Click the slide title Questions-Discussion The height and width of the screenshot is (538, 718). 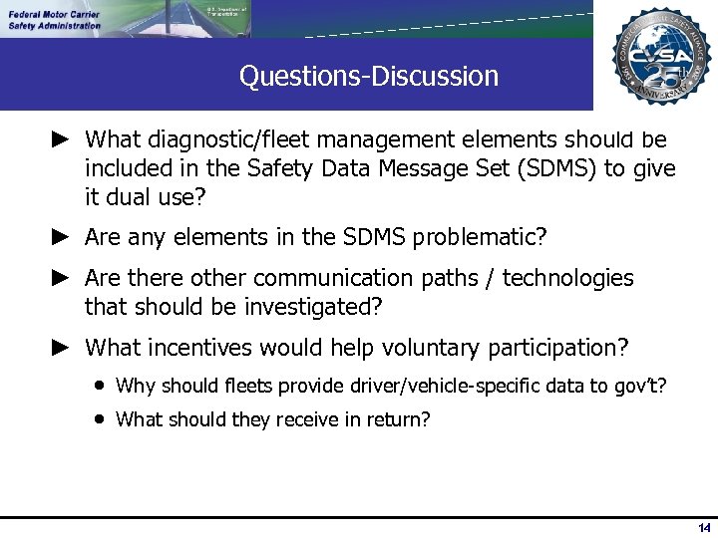(368, 76)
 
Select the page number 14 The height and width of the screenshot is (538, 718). (704, 527)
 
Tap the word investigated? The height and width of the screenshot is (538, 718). (312, 307)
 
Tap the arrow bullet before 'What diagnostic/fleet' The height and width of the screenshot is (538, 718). (60, 139)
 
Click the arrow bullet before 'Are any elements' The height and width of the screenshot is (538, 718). (60, 237)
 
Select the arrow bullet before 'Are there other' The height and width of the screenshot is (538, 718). (60, 278)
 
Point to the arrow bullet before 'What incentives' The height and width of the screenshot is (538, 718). (60, 348)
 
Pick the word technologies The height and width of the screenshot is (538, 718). (567, 278)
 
